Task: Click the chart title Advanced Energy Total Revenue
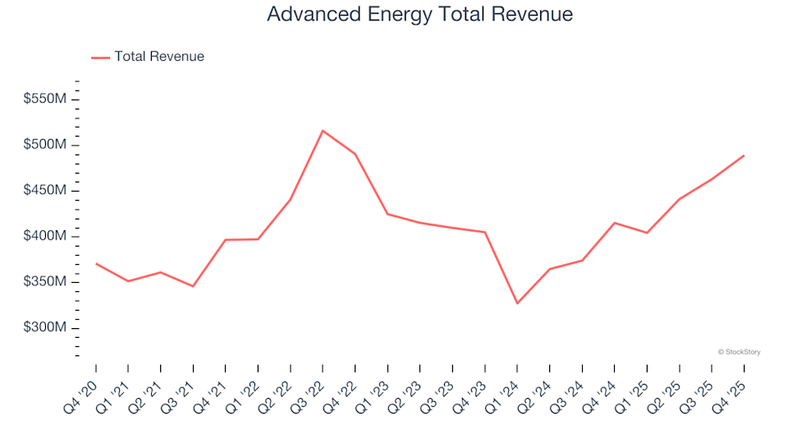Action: pos(419,15)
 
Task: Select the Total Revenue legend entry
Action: pos(158,57)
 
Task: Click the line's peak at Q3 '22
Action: pos(323,131)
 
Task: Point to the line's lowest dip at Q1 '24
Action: pos(517,303)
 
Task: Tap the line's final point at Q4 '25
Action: pos(744,155)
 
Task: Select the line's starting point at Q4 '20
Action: pos(96,264)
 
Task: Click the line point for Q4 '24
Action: pos(614,223)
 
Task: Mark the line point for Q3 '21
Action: pos(193,286)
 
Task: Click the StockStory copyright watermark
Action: pos(739,352)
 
